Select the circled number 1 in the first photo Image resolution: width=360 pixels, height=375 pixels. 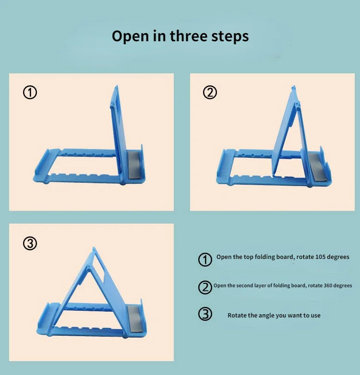(30, 93)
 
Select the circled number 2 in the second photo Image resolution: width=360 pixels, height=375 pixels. (210, 93)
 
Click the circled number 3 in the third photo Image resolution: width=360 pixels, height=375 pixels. (30, 244)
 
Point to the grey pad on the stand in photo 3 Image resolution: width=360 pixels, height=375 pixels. (136, 317)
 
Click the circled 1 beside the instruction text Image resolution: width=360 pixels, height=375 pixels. (204, 259)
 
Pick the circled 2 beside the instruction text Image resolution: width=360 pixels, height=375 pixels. (205, 287)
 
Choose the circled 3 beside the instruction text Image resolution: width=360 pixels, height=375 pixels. (205, 315)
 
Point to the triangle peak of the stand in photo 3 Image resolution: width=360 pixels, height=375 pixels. (94, 250)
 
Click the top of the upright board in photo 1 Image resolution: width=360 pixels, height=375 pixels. (116, 88)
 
